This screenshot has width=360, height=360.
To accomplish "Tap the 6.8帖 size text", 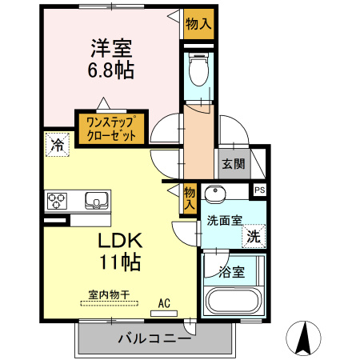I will click(110, 70).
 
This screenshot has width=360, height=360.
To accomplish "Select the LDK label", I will click(120, 240).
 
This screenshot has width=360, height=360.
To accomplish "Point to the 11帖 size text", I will click(121, 261).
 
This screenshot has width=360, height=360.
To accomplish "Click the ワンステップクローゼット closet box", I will click(111, 127).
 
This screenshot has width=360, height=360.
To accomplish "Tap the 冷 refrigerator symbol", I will click(57, 145).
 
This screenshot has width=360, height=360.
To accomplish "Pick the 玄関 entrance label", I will click(233, 166).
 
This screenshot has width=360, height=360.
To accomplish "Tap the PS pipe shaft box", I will click(259, 190).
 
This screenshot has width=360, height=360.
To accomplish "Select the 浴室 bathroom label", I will click(232, 270).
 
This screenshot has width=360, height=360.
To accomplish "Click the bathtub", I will click(233, 302).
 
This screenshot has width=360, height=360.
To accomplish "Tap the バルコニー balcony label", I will click(154, 338).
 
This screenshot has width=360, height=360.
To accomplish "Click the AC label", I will click(164, 303).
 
